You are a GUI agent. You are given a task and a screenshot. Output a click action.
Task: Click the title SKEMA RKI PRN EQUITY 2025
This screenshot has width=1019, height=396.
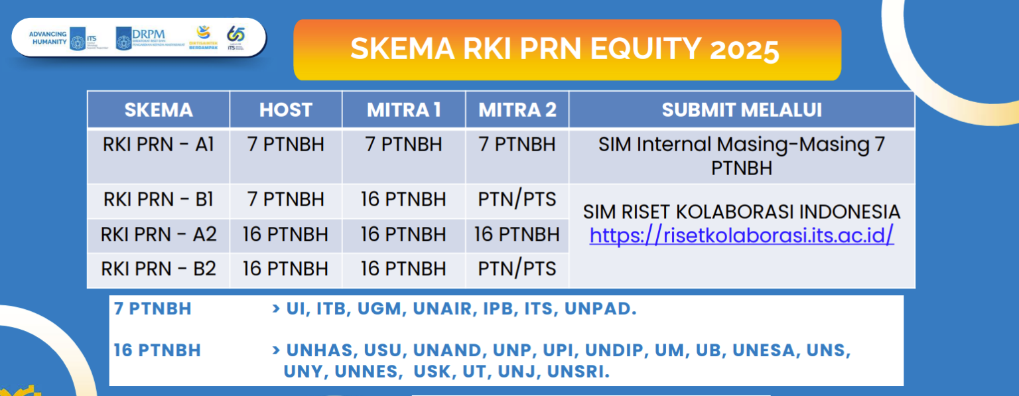click(565, 50)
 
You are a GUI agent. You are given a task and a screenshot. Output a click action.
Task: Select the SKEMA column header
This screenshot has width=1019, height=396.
click(159, 110)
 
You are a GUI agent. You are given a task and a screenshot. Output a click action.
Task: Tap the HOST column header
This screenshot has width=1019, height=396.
click(286, 110)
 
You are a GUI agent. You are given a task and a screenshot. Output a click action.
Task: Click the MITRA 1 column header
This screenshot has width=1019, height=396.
click(403, 110)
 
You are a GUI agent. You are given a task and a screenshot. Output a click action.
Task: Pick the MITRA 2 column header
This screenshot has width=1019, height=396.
click(517, 110)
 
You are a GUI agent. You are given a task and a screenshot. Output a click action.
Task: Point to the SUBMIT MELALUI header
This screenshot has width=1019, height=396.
click(742, 110)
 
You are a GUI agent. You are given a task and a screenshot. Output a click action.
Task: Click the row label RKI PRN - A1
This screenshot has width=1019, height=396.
click(159, 145)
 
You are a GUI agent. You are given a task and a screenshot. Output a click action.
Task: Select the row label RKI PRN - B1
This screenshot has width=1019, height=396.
click(159, 199)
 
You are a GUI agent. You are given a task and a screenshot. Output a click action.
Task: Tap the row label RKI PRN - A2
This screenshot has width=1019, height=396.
click(159, 234)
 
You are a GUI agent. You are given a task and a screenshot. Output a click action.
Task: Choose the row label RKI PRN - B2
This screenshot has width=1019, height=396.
click(159, 269)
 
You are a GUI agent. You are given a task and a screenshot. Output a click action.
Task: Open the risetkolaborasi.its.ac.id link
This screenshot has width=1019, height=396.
click(742, 235)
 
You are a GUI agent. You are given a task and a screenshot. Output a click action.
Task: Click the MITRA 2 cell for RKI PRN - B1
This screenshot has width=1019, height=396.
click(517, 199)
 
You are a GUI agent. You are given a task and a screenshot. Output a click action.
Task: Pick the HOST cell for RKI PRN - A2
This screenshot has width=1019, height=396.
click(285, 234)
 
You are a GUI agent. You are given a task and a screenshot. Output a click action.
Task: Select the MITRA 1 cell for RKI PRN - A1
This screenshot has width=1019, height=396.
click(403, 145)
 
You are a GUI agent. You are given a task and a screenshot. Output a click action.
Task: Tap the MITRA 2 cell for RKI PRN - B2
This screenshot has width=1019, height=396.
click(517, 269)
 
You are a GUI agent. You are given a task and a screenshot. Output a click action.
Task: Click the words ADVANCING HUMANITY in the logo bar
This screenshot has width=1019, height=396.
click(48, 38)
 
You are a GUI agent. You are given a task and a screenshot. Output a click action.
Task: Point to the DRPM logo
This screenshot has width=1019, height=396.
click(141, 38)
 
